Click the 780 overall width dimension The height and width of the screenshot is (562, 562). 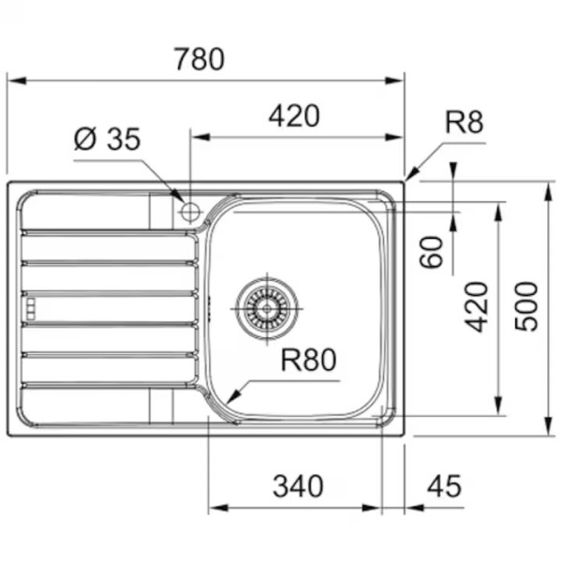click(x=200, y=59)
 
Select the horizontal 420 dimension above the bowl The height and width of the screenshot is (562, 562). click(x=294, y=116)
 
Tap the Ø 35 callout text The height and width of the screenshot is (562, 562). click(x=107, y=139)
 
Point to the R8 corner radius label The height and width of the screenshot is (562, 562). click(x=464, y=122)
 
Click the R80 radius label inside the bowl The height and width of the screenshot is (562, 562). click(x=308, y=360)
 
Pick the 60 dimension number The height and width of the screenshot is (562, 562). click(x=431, y=252)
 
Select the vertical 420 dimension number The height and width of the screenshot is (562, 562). click(x=477, y=307)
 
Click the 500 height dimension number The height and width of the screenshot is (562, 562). click(x=526, y=307)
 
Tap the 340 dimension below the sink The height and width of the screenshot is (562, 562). click(x=298, y=486)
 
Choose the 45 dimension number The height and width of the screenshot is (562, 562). click(x=444, y=486)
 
